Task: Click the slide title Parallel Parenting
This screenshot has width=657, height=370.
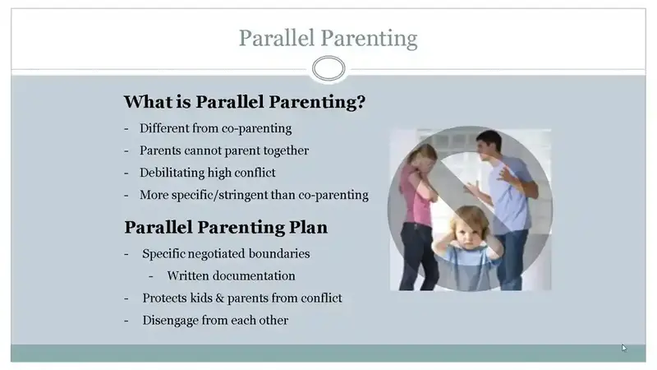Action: click(328, 39)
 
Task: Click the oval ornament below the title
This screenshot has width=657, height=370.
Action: click(328, 67)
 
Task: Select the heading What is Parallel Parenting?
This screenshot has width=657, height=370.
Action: click(244, 103)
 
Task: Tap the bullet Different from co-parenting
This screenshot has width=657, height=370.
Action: click(215, 128)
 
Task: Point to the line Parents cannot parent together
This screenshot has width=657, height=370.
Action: click(223, 150)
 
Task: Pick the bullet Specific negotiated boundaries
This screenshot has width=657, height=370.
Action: click(226, 253)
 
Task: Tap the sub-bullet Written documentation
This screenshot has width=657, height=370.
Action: click(231, 275)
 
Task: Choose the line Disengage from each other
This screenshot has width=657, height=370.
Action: click(215, 320)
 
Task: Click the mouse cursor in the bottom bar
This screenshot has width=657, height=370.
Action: click(624, 347)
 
